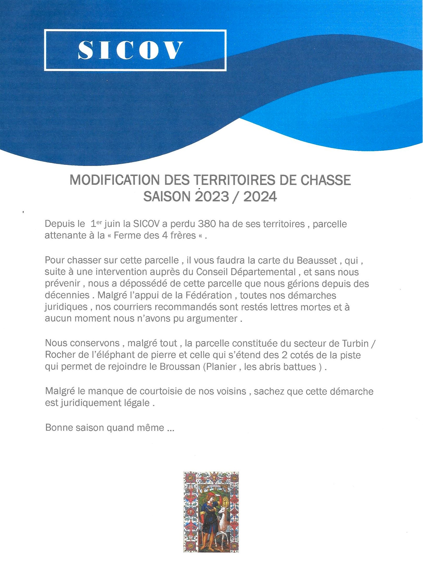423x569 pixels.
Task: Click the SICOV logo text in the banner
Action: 131,50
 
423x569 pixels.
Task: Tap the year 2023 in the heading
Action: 211,197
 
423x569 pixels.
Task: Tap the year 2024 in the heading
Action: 260,197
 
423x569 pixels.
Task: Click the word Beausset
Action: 317,260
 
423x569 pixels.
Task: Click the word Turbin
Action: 355,343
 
